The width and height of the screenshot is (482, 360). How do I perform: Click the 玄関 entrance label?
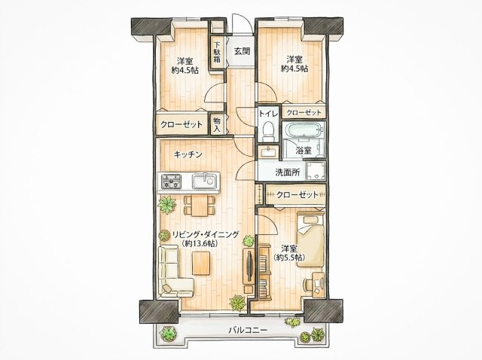coord(243,51)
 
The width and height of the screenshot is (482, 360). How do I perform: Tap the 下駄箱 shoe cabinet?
coord(218,52)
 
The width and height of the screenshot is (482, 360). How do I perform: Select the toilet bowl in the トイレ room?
coord(268,130)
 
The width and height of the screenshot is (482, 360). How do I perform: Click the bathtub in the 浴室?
coord(304,130)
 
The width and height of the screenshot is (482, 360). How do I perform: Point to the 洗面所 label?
coord(288,172)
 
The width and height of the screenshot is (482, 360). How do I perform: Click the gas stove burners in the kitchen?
coord(172,181)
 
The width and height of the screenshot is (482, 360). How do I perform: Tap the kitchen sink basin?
coord(204,181)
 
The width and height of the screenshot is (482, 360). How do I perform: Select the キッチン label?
coord(188,154)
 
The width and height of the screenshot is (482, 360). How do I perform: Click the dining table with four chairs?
coord(200,206)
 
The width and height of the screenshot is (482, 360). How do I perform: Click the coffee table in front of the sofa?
coord(201,263)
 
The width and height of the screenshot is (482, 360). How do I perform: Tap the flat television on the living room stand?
coord(249,266)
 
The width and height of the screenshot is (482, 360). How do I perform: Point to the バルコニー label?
coord(248,331)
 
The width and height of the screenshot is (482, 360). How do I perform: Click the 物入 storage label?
coord(218,124)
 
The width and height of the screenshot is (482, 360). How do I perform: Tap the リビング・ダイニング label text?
coord(206,234)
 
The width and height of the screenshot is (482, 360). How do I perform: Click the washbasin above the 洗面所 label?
coord(268,151)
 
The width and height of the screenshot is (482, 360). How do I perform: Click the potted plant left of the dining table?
coord(167,204)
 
